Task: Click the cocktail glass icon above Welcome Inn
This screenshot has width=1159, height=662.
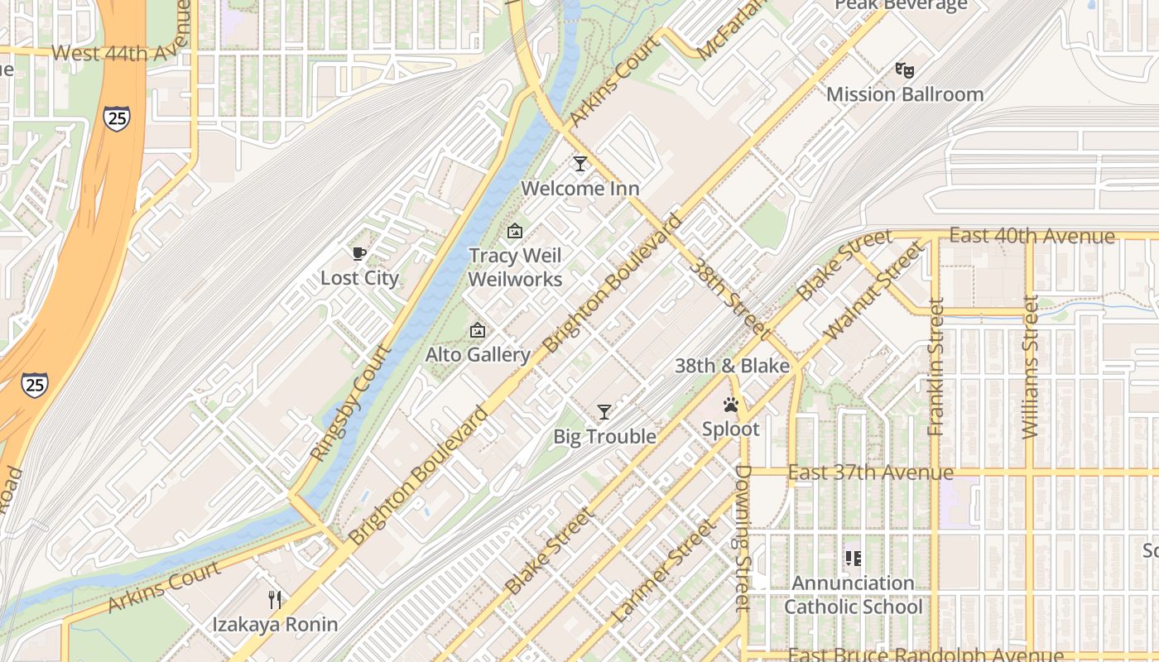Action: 580,164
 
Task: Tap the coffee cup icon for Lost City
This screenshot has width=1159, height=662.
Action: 358,253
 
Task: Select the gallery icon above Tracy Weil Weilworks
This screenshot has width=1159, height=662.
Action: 515,231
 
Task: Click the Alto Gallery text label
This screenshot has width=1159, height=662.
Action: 478,355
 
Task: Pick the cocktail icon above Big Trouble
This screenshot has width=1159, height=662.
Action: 604,411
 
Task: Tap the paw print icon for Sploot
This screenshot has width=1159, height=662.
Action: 731,405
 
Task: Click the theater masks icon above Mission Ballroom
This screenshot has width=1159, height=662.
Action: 905,70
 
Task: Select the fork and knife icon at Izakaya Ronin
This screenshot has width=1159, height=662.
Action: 275,599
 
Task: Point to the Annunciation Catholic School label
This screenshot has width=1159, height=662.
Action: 853,595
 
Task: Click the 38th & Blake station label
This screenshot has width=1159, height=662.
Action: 732,366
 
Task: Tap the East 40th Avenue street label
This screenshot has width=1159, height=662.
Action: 1032,236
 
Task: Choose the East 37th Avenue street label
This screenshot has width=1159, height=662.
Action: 871,473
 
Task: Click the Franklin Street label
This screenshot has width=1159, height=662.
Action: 936,367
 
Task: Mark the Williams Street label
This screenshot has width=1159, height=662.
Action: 1030,367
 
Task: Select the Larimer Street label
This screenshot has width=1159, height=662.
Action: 662,571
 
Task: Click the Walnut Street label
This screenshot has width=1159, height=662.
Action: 873,290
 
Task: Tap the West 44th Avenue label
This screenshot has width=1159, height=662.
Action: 123,54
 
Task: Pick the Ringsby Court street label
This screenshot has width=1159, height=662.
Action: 351,402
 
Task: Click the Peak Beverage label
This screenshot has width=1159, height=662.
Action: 901,6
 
